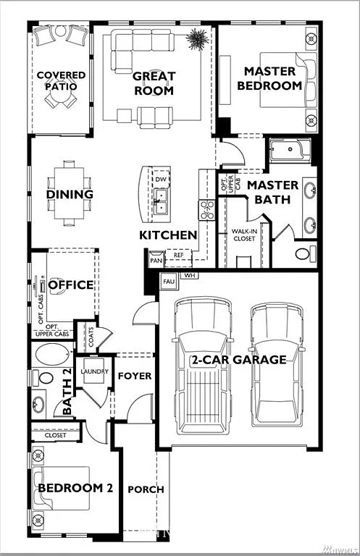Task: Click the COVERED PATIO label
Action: coord(61,80)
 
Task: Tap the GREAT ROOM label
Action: coord(153,83)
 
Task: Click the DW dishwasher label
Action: coord(161,179)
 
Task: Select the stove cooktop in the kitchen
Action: coord(207,210)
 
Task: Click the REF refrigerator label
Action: coord(178,255)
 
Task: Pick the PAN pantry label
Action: coord(156,259)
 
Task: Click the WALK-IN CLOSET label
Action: coord(243,235)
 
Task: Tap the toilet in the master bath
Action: coord(306,254)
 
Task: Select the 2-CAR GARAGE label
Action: coord(238,360)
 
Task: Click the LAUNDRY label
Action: coord(95,372)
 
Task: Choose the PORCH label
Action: coord(146,489)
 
